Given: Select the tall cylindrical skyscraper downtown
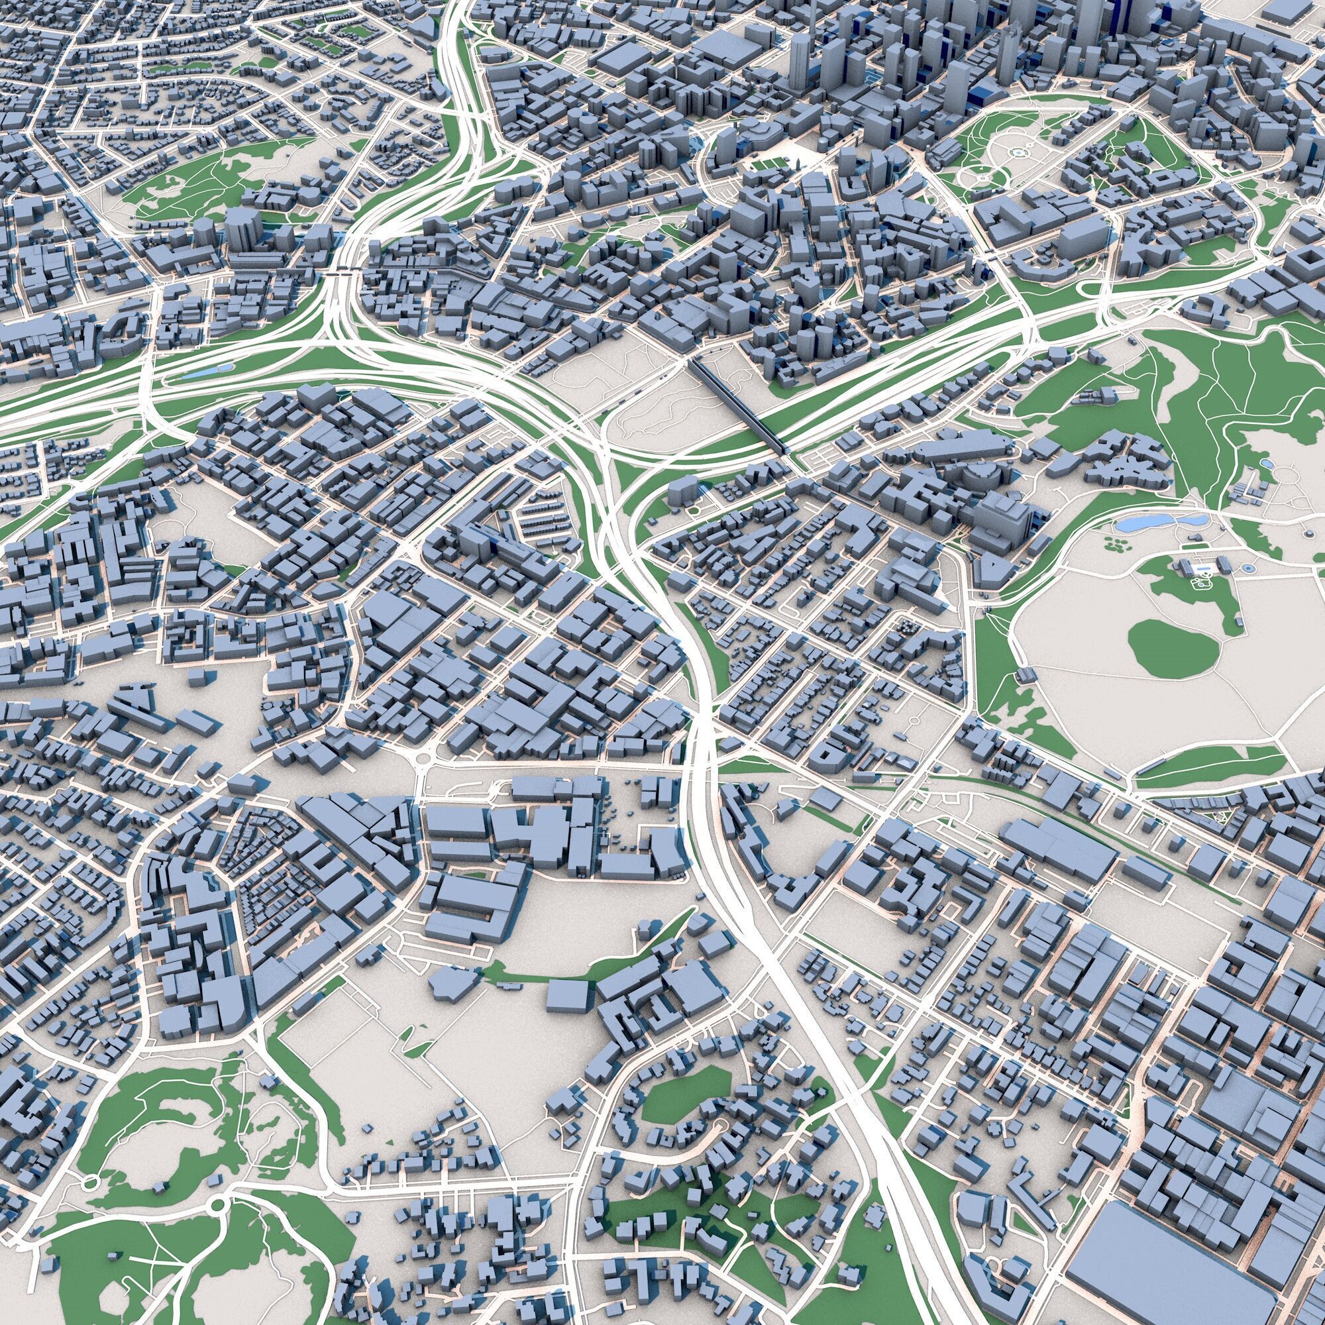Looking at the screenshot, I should [x=800, y=62].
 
